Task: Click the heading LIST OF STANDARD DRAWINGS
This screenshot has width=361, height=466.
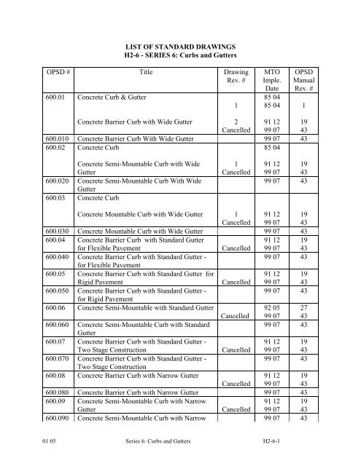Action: [180, 46]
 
